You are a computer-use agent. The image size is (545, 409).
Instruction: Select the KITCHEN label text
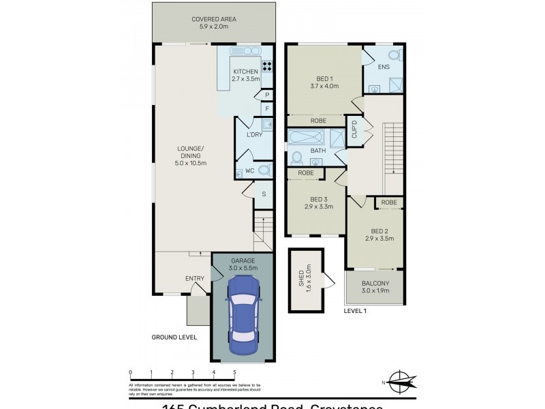(245, 72)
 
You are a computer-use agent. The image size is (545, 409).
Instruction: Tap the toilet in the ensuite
(394, 55)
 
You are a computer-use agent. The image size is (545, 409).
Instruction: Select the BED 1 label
(324, 78)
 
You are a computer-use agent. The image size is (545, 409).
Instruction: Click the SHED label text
(300, 279)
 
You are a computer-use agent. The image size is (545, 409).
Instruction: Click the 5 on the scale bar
(235, 372)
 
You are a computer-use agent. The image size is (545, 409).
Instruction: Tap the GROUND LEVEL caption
(174, 337)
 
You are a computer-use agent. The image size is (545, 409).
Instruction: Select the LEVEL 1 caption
(355, 311)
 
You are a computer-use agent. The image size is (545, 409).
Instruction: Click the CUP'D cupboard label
(355, 130)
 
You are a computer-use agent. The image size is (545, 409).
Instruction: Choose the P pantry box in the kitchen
(267, 95)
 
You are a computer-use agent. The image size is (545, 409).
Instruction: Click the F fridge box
(267, 108)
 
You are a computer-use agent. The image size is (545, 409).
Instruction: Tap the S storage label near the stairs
(264, 194)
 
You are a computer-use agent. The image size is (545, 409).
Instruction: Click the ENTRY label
(195, 278)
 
